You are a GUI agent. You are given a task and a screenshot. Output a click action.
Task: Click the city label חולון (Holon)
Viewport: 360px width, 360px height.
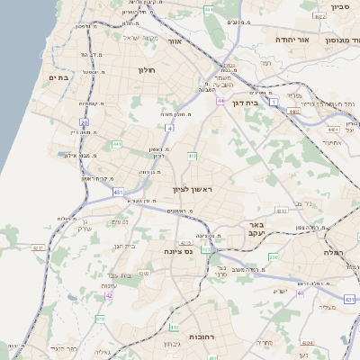pyautogui.click(x=147, y=69)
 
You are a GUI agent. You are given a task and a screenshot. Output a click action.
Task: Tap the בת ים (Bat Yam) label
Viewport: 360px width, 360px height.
pyautogui.click(x=58, y=77)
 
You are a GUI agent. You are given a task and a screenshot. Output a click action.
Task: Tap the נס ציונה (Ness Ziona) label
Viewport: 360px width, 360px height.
pyautogui.click(x=178, y=252)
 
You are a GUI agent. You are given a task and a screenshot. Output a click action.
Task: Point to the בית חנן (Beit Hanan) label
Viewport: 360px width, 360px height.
pyautogui.click(x=122, y=245)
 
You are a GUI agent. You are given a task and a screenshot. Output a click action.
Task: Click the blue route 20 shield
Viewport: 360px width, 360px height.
pyautogui.click(x=84, y=121)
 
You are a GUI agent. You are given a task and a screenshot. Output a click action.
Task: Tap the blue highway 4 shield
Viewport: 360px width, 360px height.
pyautogui.click(x=169, y=129)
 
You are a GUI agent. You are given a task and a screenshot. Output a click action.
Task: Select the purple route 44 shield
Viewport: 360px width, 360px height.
pyautogui.click(x=220, y=101)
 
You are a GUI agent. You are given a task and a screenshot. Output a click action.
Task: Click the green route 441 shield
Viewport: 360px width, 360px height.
pyautogui.click(x=117, y=144)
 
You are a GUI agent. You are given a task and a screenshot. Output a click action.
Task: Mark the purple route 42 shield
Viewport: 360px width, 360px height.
pyautogui.click(x=109, y=295)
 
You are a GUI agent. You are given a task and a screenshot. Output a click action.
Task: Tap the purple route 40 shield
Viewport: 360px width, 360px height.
pyautogui.click(x=301, y=292)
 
